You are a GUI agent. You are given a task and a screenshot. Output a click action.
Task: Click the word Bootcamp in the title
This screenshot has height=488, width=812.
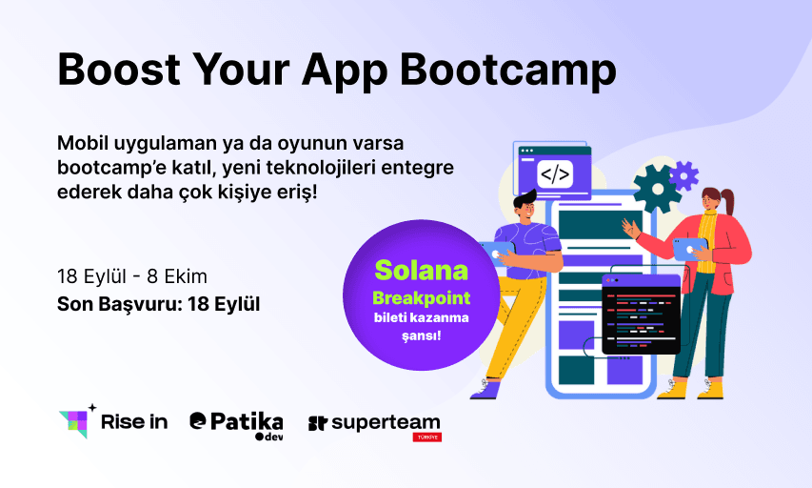pos(508,70)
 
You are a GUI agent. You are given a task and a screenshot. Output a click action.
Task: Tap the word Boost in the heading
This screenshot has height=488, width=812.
pos(119,69)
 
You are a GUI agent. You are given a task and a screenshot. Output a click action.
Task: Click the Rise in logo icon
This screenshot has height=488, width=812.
pos(77,421)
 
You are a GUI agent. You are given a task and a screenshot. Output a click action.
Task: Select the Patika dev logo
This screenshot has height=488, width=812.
pos(237,426)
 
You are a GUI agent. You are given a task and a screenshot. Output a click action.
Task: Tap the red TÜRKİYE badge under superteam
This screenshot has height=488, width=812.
pos(426,437)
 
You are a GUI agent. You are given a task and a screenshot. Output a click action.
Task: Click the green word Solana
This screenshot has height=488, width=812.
pos(421,270)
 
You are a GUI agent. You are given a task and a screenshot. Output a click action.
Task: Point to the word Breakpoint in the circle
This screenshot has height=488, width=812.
pos(421,298)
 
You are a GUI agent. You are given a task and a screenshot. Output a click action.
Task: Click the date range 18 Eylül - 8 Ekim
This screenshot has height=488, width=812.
pos(132,276)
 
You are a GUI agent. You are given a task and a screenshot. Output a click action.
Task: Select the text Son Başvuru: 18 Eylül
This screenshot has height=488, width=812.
pos(158,304)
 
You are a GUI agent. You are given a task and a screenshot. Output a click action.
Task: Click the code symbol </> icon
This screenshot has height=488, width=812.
pos(555,174)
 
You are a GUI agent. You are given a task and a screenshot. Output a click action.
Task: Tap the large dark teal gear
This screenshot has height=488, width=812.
pos(657,189)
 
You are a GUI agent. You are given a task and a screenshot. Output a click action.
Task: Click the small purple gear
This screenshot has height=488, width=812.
pos(684,175)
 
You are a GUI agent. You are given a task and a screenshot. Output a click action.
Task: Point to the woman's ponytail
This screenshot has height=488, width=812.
pos(727,201)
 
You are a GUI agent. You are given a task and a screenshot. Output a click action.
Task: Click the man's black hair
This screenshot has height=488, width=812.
pos(525,198)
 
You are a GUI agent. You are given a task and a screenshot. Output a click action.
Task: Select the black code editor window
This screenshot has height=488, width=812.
pos(641,315)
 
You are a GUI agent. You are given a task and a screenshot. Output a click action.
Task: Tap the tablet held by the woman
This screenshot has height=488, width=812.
pos(689,249)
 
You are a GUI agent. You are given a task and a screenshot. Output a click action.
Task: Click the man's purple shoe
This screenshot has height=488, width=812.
pos(485,390)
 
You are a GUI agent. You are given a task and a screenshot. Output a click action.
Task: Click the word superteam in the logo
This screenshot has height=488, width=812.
pos(386,424)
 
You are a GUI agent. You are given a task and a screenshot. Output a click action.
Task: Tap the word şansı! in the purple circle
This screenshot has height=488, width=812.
pos(421,336)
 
